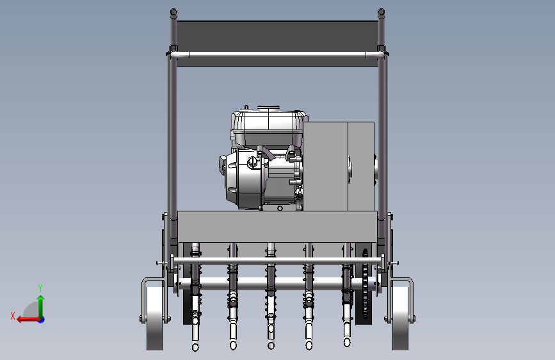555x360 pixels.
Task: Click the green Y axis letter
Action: (40, 288)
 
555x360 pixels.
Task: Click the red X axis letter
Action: (13, 316)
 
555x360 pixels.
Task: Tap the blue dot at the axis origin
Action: (42, 320)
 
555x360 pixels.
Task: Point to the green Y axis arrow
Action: (41, 307)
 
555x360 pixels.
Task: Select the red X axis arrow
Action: (28, 320)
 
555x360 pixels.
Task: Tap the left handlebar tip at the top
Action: (173, 12)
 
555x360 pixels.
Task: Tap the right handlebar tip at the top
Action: (381, 12)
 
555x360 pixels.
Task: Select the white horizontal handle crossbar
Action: (277, 54)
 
